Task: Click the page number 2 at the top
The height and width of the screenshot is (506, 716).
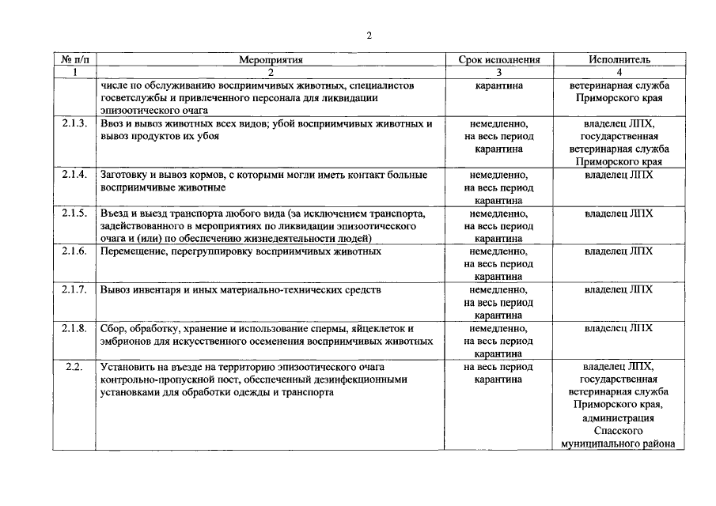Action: pos(369,35)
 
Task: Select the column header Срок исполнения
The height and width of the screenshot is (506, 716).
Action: pos(499,59)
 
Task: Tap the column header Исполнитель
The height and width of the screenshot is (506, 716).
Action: pos(619,59)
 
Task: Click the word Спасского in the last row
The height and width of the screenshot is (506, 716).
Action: pos(619,431)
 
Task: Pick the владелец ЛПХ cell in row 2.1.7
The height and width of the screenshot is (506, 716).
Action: pos(619,290)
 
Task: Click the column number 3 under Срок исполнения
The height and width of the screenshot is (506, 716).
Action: pos(499,72)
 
